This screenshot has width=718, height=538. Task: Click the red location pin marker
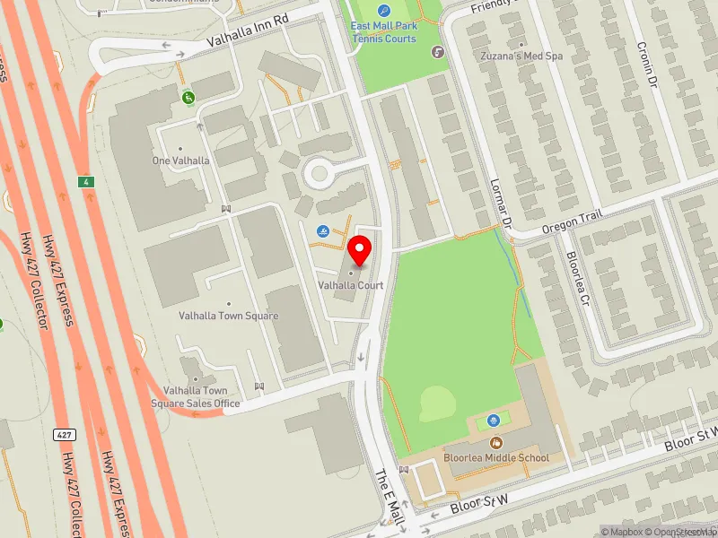[x=360, y=250]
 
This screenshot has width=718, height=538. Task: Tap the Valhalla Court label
[x=351, y=285]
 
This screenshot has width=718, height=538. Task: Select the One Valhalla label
[x=180, y=161]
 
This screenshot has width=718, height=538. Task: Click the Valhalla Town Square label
[x=228, y=316]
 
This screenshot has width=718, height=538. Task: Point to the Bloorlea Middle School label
[x=495, y=458]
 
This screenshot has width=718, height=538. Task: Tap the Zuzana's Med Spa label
[x=521, y=56]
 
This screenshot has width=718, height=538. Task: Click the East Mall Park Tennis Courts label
[x=384, y=32]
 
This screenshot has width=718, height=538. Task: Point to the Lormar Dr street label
[x=500, y=203]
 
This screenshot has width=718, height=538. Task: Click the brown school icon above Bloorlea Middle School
[x=495, y=442]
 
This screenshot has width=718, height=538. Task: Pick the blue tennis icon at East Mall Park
[x=384, y=11]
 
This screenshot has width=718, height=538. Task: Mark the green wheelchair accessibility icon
[x=188, y=97]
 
